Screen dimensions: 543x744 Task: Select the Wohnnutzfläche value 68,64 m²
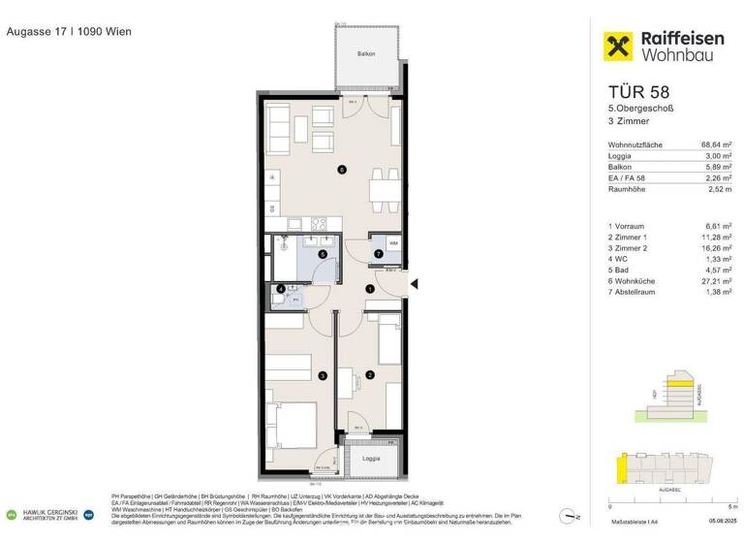coord(714,144)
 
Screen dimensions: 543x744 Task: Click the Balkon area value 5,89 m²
coord(716,166)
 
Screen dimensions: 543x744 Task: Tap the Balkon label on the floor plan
coord(365,54)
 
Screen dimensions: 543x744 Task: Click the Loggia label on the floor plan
coord(371,457)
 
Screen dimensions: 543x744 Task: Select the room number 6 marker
coord(341,170)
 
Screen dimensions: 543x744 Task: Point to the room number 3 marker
coord(323,375)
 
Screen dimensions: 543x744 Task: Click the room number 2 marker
coord(369,375)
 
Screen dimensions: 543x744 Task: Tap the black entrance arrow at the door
coord(414,284)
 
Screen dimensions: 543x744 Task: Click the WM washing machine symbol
coord(393,242)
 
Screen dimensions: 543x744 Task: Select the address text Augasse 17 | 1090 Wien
coord(69,31)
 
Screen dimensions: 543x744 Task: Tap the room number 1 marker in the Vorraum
coord(369,289)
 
